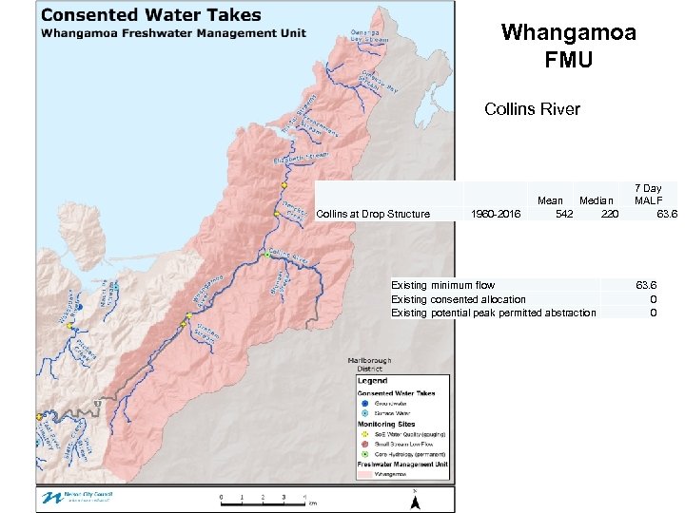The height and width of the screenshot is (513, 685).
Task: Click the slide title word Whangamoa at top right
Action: (x=568, y=33)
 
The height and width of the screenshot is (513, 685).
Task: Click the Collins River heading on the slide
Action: (x=532, y=109)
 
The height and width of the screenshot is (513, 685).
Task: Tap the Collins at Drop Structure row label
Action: (x=372, y=214)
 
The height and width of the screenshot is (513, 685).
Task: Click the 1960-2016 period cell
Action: (x=496, y=214)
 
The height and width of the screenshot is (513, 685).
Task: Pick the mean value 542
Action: (x=563, y=214)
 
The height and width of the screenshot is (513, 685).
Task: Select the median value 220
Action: (x=609, y=214)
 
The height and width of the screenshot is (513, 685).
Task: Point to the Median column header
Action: (x=597, y=200)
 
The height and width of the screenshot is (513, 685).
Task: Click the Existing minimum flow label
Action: (x=442, y=285)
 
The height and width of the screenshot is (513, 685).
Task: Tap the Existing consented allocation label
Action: (x=458, y=299)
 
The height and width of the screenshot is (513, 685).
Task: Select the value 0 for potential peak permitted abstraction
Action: (x=653, y=313)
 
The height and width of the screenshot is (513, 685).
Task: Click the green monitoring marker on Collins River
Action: (x=268, y=254)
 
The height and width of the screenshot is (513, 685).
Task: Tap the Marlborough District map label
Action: (x=369, y=365)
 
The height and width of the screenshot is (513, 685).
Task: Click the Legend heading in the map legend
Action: (x=372, y=381)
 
